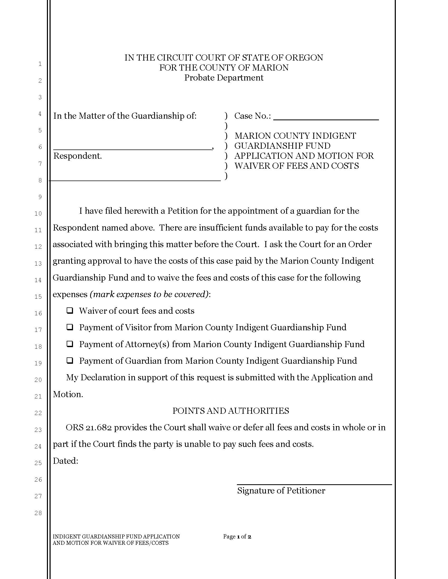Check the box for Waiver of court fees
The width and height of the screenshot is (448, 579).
click(x=70, y=311)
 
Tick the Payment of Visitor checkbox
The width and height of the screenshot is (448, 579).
click(x=70, y=327)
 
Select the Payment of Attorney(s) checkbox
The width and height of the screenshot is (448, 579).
click(x=70, y=344)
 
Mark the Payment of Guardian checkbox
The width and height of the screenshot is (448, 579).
click(x=70, y=361)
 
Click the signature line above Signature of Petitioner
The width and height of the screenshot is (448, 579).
click(x=314, y=484)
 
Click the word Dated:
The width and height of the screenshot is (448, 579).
click(x=65, y=461)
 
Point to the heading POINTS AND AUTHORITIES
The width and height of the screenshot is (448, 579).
click(x=231, y=411)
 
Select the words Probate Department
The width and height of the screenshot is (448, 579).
click(x=224, y=78)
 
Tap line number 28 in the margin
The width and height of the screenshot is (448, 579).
click(x=38, y=513)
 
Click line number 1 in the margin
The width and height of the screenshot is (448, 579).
click(x=40, y=64)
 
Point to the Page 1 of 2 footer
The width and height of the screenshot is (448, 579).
click(x=237, y=537)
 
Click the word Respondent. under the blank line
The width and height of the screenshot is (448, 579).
click(x=77, y=156)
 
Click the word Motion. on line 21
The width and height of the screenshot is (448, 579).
click(x=68, y=394)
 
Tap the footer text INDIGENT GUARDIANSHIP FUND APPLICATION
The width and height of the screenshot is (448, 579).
click(x=116, y=537)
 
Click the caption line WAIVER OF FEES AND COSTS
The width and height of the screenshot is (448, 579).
click(x=296, y=166)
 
